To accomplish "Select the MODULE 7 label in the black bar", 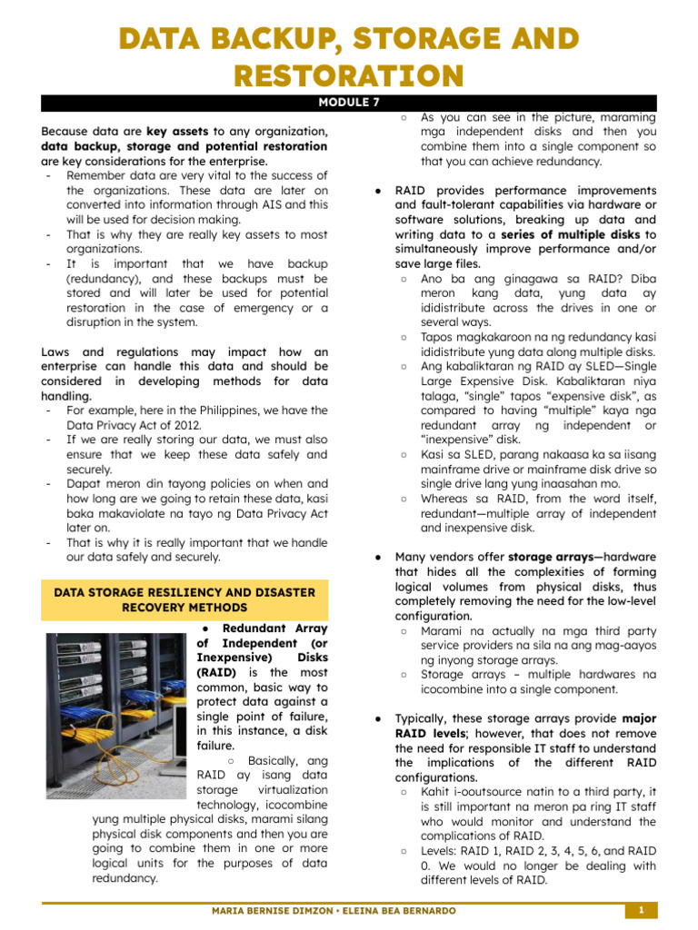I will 348,103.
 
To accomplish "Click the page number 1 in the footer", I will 641,910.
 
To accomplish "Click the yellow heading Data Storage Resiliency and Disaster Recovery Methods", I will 184,599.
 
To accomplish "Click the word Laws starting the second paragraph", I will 58,352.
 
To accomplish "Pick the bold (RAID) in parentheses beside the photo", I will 216,672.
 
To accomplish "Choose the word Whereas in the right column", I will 447,499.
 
